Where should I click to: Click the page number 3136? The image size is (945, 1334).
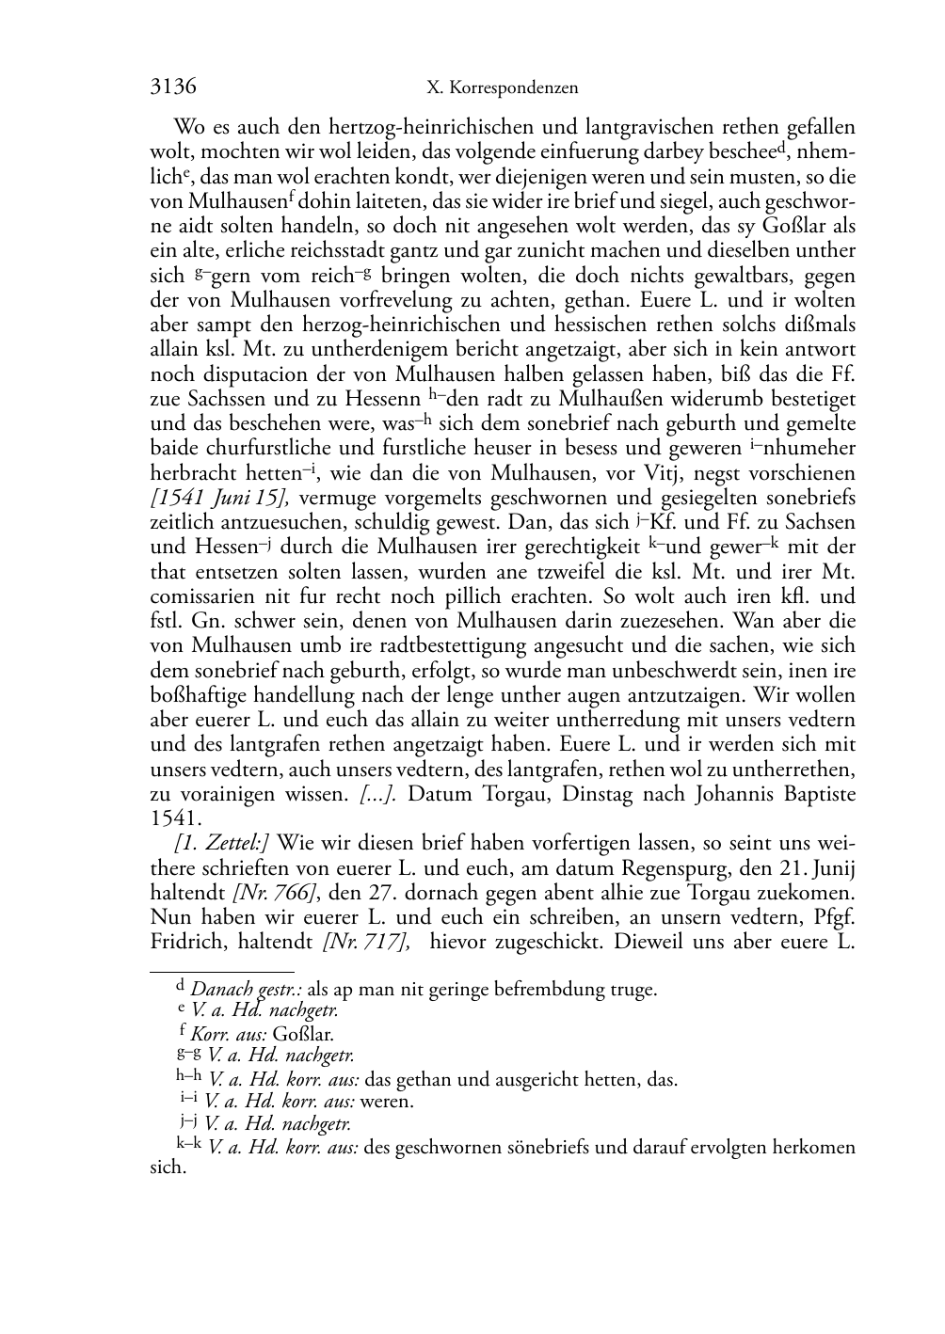pos(173,87)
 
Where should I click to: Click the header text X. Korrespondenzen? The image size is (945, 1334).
pos(502,88)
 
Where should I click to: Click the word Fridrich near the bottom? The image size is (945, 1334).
pos(184,942)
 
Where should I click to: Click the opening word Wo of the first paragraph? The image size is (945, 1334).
pos(185,127)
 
